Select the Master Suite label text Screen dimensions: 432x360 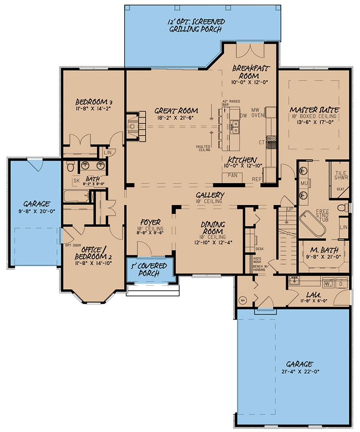[314, 109]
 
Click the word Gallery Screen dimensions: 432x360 [210, 194]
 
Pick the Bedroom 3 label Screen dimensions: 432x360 [93, 101]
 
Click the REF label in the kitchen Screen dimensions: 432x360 [257, 179]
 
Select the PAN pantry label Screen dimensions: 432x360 [233, 175]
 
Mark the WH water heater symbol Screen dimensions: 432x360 [242, 300]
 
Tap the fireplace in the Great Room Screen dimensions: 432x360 [133, 126]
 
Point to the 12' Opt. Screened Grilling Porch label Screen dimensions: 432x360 [197, 26]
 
